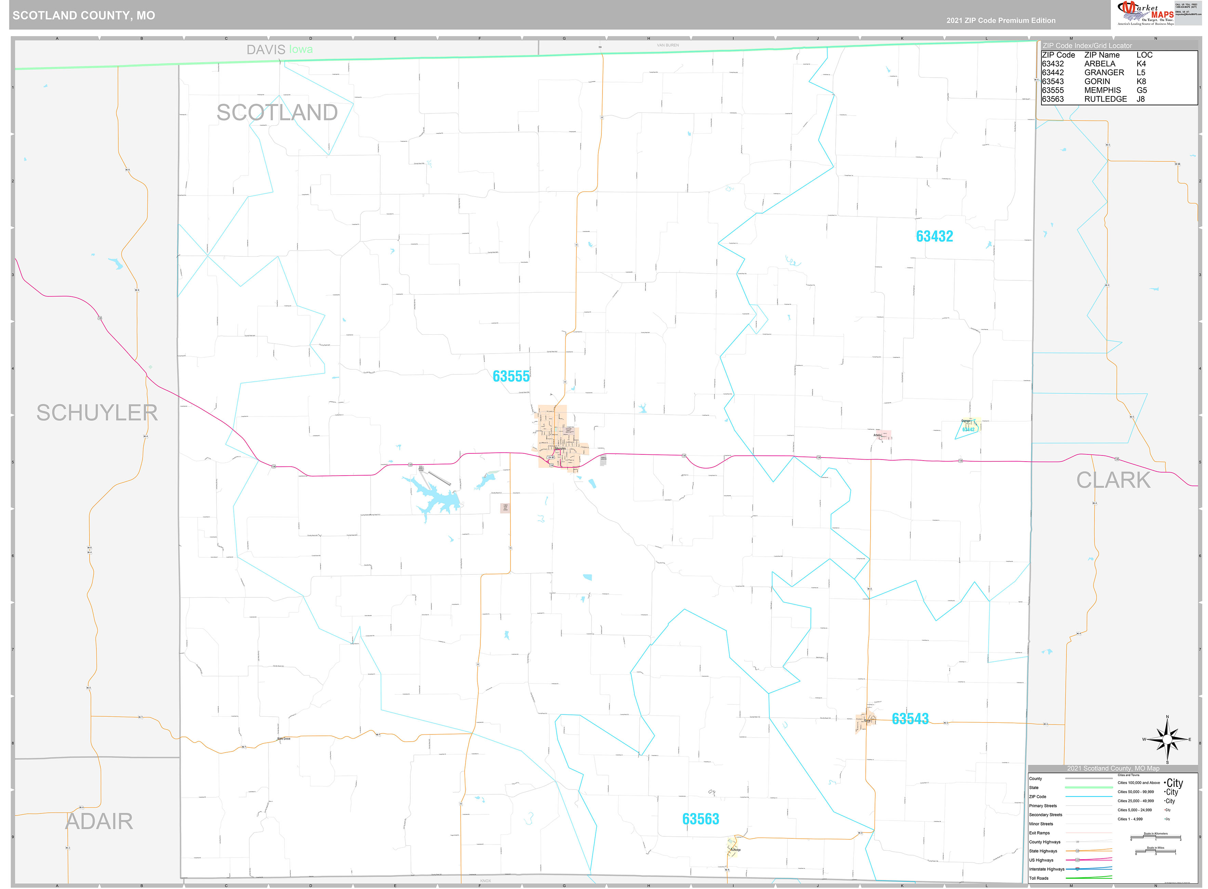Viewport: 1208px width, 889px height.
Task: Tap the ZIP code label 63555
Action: (510, 376)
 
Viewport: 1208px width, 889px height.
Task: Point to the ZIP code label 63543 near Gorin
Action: (910, 719)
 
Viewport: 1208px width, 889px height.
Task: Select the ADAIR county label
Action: (99, 822)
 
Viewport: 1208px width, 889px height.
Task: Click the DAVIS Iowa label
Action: (279, 50)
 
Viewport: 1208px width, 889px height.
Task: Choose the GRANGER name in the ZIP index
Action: (1104, 72)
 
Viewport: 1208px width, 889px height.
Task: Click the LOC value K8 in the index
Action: (1141, 81)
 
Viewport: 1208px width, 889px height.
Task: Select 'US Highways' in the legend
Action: (1043, 860)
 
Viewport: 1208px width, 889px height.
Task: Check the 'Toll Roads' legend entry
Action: (1038, 878)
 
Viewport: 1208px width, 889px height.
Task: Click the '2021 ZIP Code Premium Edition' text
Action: (1000, 21)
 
